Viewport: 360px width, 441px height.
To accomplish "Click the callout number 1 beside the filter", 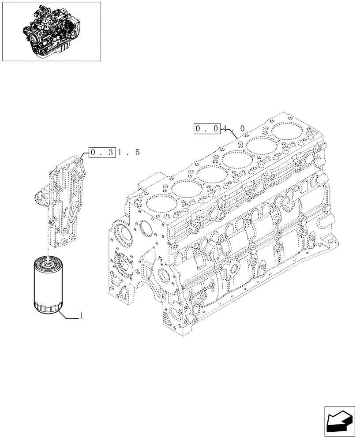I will tap(82, 316).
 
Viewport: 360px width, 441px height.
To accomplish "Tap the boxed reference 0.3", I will tap(102, 153).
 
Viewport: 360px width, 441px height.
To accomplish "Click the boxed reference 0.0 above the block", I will tap(207, 129).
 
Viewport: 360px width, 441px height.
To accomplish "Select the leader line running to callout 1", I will tap(68, 316).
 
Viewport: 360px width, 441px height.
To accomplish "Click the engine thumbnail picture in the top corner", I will tap(51, 31).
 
